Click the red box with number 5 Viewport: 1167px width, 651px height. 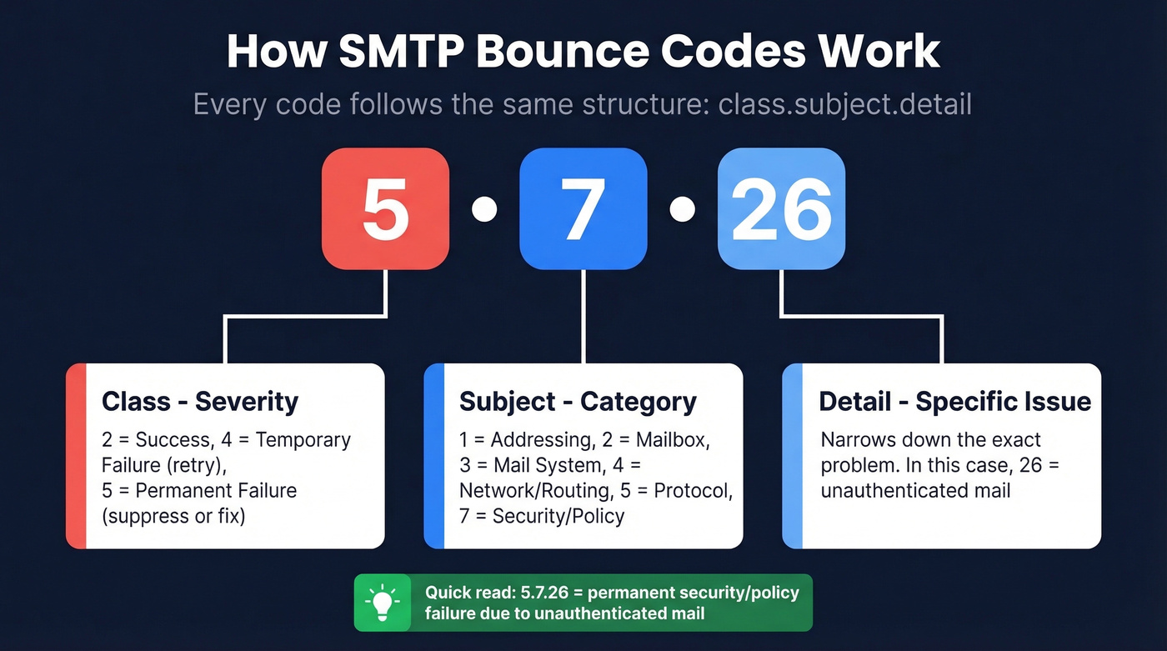coord(385,208)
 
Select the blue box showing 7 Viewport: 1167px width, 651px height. coord(583,208)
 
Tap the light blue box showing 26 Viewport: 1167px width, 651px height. coord(781,208)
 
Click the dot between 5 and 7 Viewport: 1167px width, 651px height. coord(484,209)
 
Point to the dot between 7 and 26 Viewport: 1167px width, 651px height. coord(682,209)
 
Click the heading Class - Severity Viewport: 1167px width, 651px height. coord(199,402)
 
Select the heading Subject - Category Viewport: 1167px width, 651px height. coord(578,402)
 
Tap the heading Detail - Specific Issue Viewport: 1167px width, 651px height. coord(954,402)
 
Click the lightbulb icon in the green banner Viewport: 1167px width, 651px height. coord(383,603)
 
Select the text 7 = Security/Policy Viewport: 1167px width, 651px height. coord(541,516)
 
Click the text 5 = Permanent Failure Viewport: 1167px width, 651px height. coord(199,490)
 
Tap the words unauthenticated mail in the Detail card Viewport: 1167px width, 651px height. coord(915,490)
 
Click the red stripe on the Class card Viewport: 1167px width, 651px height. coord(76,456)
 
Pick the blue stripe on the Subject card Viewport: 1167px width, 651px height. coord(433,456)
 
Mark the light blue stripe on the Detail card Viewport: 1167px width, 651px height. coord(792,456)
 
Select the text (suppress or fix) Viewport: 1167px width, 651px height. coord(173,516)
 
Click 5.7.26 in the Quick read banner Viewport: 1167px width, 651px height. coord(537,593)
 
